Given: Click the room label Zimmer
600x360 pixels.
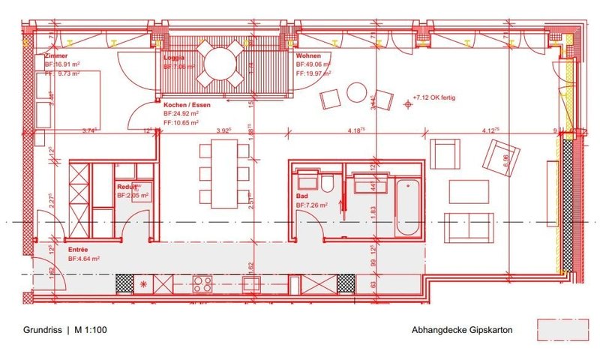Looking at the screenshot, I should pos(57,56).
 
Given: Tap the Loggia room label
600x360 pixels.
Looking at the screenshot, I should pos(175,56).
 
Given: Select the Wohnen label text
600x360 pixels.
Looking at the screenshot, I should pos(310,56).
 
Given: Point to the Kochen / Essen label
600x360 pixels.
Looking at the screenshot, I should pos(187,105).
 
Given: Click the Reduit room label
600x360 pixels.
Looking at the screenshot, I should pos(126,186).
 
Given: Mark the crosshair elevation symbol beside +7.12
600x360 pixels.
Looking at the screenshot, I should pos(408,104).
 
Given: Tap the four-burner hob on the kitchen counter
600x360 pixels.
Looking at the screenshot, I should pos(203,283).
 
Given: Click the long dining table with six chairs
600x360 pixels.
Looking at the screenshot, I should pos(224,175).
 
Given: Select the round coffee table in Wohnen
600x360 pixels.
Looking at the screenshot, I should pos(356,92).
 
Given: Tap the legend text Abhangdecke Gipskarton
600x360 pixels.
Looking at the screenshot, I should pos(461,328).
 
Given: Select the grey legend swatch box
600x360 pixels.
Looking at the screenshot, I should pos(561,328).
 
